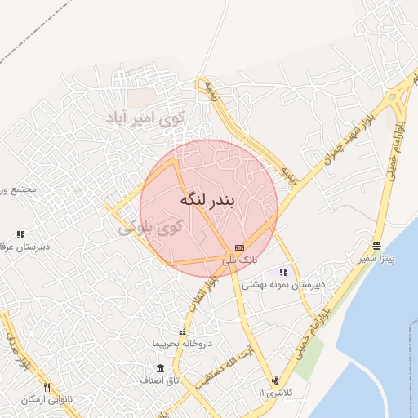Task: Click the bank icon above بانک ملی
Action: click(x=239, y=247)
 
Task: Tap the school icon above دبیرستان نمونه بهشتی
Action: click(x=283, y=272)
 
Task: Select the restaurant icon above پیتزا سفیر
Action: click(x=376, y=246)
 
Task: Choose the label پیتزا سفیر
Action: click(x=377, y=259)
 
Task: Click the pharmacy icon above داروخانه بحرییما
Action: click(x=182, y=331)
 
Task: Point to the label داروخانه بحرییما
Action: click(x=183, y=344)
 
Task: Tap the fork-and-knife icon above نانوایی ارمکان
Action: click(x=47, y=386)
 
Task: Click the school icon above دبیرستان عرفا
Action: click(x=20, y=234)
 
